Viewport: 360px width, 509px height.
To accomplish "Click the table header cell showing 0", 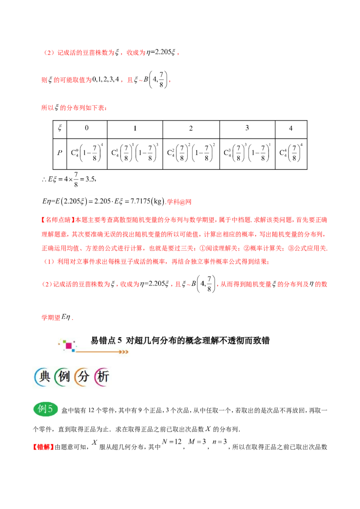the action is [x=87, y=129].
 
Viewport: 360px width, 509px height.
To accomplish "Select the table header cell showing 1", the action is [x=135, y=129].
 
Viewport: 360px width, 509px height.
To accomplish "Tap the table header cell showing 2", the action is [x=191, y=129].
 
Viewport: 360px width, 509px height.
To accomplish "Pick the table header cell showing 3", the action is [x=247, y=129].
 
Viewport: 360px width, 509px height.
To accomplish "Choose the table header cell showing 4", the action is [x=291, y=129].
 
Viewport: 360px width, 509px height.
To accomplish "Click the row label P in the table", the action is [x=60, y=152].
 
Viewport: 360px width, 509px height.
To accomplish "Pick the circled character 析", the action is [x=102, y=377].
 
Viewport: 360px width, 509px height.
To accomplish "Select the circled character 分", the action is [x=82, y=377].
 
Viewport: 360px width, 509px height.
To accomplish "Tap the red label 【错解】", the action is [x=44, y=447].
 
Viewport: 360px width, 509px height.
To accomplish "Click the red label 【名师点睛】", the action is [x=58, y=220].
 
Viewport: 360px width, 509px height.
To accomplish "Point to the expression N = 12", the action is [x=171, y=442].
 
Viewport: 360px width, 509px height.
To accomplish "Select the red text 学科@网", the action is [x=179, y=202].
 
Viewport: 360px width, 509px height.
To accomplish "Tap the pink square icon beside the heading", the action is [x=69, y=346].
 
